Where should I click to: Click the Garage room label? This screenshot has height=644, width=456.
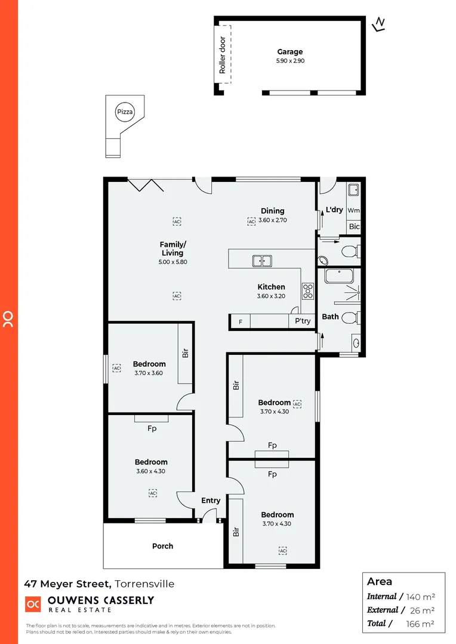[290, 52]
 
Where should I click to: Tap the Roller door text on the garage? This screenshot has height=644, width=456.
[223, 55]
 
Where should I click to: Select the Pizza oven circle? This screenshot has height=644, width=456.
[125, 112]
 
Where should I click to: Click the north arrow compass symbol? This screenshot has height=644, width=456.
[378, 24]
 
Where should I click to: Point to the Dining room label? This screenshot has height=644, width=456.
[272, 210]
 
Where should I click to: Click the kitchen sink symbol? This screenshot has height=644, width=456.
[262, 261]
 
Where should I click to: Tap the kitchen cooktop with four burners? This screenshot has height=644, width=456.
[308, 290]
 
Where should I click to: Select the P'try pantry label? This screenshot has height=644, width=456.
[303, 321]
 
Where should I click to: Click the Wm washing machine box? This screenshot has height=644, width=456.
[353, 210]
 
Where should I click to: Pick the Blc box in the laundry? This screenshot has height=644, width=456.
[354, 227]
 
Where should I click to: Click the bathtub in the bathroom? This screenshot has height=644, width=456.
[340, 276]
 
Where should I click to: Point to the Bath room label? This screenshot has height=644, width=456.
[330, 317]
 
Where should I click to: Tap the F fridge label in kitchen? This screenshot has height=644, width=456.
[241, 322]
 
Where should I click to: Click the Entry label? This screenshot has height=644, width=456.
[211, 500]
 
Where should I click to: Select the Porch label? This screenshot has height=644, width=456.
[162, 546]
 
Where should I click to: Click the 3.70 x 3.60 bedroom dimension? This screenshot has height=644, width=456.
[149, 373]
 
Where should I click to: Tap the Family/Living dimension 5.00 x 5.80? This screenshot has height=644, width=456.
[171, 262]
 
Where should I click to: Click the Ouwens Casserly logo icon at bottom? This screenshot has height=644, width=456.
[33, 604]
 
